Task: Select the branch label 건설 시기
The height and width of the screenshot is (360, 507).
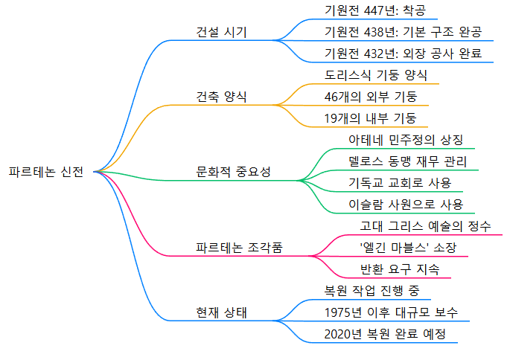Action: tap(221, 32)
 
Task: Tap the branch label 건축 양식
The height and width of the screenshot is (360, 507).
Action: tap(221, 97)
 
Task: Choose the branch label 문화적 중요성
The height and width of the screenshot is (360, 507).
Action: tap(233, 172)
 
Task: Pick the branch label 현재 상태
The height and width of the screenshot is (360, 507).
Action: tap(221, 312)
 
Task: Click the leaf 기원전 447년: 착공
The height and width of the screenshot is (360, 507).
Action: tap(369, 10)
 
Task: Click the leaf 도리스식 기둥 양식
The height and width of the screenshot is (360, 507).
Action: tap(376, 75)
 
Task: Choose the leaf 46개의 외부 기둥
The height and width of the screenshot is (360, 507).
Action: tap(371, 97)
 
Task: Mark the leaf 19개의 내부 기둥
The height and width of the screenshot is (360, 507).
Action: tap(371, 118)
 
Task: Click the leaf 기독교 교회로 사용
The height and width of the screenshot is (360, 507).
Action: tap(400, 183)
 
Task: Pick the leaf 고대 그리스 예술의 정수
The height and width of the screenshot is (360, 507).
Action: tap(425, 226)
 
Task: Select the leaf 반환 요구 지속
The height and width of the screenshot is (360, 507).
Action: tap(399, 269)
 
